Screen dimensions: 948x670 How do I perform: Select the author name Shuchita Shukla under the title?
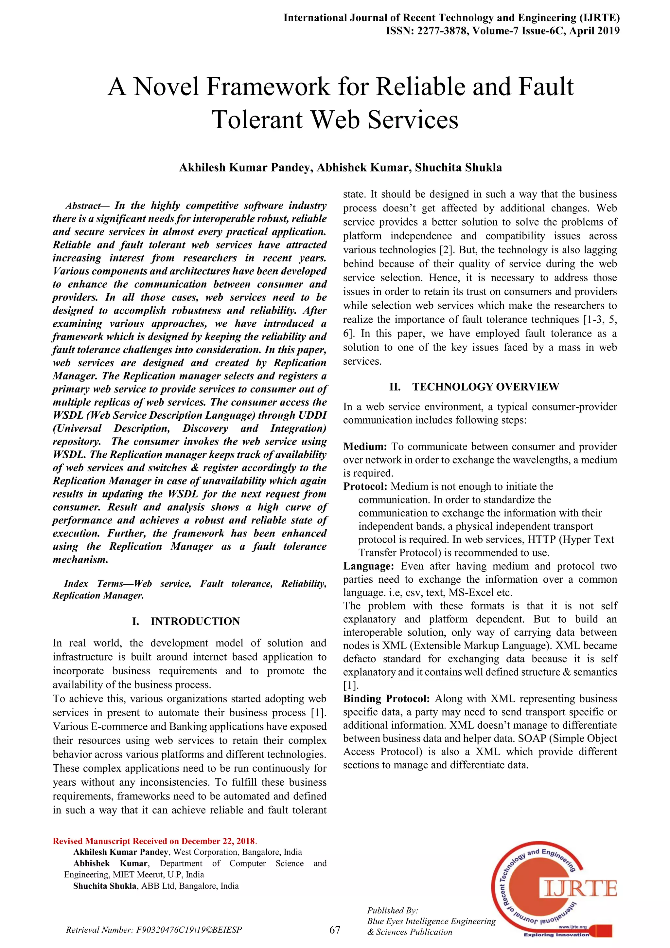[x=458, y=168]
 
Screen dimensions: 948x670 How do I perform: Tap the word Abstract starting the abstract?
[x=83, y=206]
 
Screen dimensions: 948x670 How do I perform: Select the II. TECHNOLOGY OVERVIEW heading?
[x=474, y=387]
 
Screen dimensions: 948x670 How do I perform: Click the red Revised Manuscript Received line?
[x=155, y=841]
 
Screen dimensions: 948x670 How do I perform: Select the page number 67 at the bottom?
[x=335, y=929]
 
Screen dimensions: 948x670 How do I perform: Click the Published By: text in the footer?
[x=392, y=910]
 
